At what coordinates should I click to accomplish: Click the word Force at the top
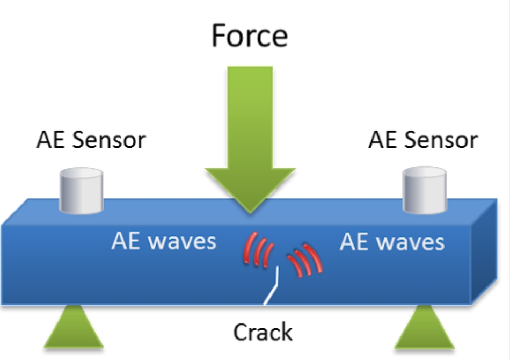250,35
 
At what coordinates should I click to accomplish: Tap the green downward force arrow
250,136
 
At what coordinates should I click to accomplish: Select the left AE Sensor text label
91,140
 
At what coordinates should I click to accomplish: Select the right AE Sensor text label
423,140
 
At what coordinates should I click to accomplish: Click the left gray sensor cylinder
81,191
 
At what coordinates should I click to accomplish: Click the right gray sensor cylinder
425,190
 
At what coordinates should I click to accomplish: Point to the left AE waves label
164,241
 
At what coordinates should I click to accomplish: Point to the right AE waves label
392,242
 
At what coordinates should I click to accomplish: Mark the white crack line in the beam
273,287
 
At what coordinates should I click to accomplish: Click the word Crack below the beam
263,332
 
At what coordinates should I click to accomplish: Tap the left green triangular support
74,327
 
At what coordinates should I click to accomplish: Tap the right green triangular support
425,327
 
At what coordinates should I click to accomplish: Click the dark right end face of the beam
484,252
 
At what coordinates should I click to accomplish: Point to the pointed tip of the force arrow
250,213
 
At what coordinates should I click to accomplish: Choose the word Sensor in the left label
110,140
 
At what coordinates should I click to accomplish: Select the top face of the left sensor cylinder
81,173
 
